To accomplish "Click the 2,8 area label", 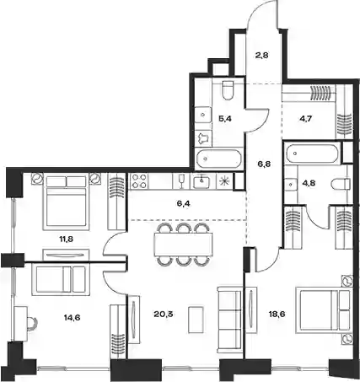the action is coord(261,55).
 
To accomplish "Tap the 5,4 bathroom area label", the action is coord(225,119).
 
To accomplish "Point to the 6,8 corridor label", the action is coord(264,164).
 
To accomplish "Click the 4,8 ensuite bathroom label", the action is coord(309,183).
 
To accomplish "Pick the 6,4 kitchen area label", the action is coord(184,203).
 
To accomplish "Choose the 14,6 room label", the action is coord(72,318).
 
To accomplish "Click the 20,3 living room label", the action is coord(164,314).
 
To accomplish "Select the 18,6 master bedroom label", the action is coord(277,314).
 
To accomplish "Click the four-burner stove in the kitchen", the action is coord(139,181).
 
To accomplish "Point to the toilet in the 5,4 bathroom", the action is coord(228,90).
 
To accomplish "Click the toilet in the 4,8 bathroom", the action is coord(341,185).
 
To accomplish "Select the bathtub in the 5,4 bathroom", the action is coord(218,159).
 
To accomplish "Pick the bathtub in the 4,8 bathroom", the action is coord(311,153).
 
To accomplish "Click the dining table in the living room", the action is coord(183,245).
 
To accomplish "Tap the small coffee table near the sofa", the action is coord(196,317).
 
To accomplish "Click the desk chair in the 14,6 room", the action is coord(32,323).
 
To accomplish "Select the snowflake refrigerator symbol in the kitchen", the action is coord(224,181).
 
